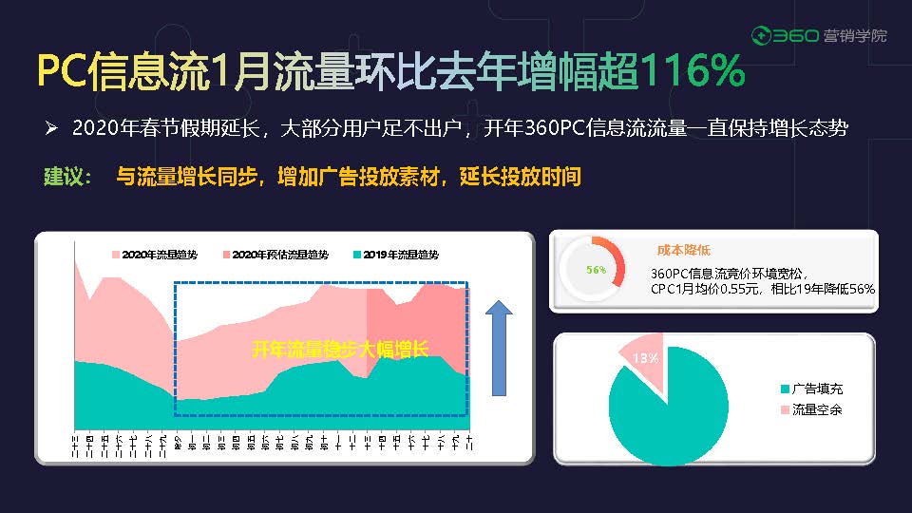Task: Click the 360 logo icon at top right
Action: coord(761,36)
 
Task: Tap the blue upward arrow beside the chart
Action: coord(499,348)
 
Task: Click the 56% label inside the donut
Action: coord(596,270)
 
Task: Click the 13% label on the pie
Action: coord(645,358)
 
